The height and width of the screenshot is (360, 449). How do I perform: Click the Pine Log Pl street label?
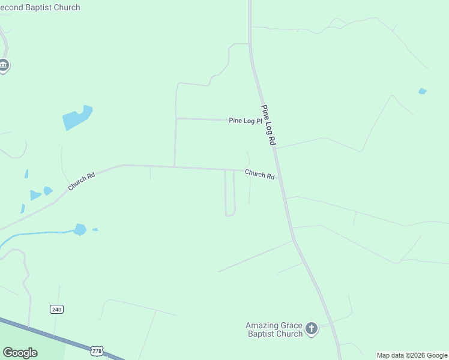(x=246, y=121)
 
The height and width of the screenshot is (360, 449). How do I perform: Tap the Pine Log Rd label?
(x=268, y=125)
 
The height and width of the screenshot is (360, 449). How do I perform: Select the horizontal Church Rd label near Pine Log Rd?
(x=259, y=175)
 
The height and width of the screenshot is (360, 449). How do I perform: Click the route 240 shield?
(x=56, y=309)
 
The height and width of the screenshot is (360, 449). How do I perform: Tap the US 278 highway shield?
(x=97, y=350)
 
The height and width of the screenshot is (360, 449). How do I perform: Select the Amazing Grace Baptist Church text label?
(x=274, y=329)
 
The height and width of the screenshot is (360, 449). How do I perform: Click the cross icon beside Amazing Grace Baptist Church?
(x=311, y=328)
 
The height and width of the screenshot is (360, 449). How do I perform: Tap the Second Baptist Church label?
(x=42, y=8)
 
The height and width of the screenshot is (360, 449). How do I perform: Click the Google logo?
(x=20, y=352)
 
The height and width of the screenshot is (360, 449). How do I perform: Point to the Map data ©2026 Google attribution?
(x=412, y=355)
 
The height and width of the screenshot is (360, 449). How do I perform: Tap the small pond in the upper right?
(x=423, y=91)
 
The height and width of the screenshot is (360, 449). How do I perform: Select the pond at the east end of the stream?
(x=80, y=229)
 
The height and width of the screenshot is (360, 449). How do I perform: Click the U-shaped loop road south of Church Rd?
(x=230, y=214)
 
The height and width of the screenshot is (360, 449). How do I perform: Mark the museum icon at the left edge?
(x=4, y=65)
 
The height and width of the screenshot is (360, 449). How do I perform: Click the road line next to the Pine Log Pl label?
(x=204, y=119)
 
